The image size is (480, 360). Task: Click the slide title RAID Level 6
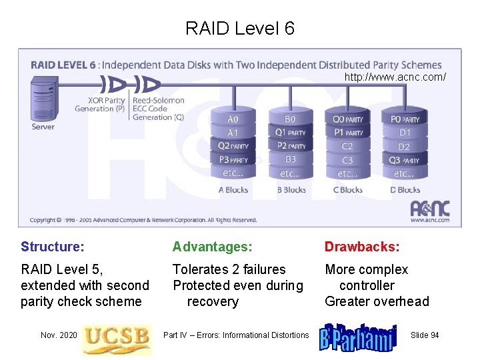pos(239,29)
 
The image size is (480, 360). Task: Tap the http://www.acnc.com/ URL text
pos(395,77)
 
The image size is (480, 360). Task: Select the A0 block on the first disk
pos(233,119)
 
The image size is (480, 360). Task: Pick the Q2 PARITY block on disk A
pos(233,146)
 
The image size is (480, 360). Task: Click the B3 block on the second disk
pos(290,160)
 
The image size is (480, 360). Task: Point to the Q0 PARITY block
pos(347,119)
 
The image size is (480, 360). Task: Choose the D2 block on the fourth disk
pos(404,147)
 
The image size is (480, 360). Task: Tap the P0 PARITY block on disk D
pos(405,119)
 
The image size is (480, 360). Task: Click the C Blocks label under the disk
pos(347,190)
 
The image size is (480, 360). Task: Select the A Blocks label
pos(233,190)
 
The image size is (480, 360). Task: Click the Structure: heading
pos(53,247)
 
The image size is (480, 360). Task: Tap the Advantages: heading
pos(213,247)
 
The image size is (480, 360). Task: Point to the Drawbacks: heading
pos(362,247)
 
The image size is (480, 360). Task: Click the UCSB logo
pos(117,336)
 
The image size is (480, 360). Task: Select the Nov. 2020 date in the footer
pos(59,335)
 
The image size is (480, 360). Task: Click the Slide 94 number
pos(425,335)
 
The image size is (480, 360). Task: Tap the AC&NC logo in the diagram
pos(429,209)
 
